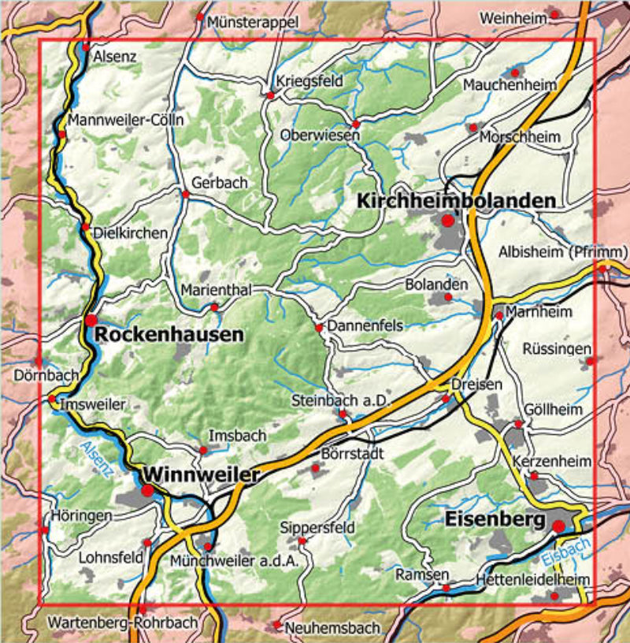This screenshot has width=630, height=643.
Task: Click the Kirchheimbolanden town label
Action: point(456,201)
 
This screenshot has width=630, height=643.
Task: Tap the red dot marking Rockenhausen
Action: point(91,320)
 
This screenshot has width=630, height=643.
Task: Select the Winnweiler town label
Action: point(202,474)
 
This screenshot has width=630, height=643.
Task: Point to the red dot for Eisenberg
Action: point(558,526)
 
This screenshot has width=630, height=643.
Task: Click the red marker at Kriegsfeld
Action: point(270,95)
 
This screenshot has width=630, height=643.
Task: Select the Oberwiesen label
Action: point(320,135)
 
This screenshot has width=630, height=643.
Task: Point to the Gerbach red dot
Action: point(186,194)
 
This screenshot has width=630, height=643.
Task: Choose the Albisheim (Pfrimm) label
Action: point(563,251)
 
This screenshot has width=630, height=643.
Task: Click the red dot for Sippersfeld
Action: point(302,541)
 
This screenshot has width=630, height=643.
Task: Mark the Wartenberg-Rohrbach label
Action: point(123,622)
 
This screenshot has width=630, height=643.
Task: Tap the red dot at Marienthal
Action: point(213,307)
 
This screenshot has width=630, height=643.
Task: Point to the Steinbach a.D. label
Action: point(341,400)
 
